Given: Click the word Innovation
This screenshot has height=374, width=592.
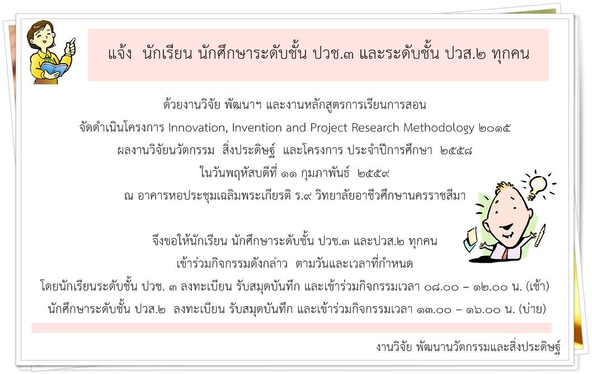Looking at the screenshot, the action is [198, 128].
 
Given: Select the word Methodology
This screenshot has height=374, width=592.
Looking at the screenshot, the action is [439, 129].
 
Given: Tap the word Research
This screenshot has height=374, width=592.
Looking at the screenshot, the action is [375, 128].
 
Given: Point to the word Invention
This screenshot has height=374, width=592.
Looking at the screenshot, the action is [256, 128].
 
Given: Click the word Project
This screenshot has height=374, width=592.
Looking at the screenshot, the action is [328, 129].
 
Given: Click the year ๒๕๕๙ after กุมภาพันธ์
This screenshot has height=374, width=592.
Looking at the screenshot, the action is [373, 174].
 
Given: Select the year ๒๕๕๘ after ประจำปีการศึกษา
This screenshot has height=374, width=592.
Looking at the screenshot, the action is [456, 151].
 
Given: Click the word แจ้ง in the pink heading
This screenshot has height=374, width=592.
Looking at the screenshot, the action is [120, 54].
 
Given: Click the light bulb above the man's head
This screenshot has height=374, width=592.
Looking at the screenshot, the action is [537, 185].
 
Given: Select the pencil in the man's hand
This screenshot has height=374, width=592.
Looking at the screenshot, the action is [540, 235].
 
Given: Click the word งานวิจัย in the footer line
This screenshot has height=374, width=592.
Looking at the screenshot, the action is [394, 346].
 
